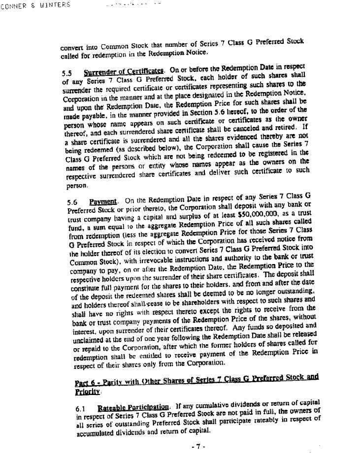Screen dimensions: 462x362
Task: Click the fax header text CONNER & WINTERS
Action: (35, 5)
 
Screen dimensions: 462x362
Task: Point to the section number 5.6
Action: (71, 202)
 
